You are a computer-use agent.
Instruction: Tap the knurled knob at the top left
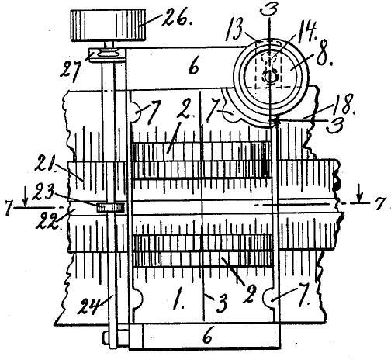pyautogui.click(x=108, y=25)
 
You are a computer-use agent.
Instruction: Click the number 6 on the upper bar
pyautogui.click(x=194, y=67)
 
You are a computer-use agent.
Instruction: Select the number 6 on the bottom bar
pyautogui.click(x=208, y=335)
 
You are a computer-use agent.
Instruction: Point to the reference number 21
pyautogui.click(x=46, y=163)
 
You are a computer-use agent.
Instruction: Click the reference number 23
pyautogui.click(x=43, y=192)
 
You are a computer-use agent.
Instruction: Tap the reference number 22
pyautogui.click(x=48, y=220)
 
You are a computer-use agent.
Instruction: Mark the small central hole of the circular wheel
pyautogui.click(x=269, y=77)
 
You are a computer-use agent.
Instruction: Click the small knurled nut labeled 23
pyautogui.click(x=111, y=208)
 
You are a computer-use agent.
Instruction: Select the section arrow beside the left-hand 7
pyautogui.click(x=26, y=199)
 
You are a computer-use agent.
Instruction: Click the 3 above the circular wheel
pyautogui.click(x=269, y=10)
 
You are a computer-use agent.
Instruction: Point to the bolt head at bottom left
pyautogui.click(x=106, y=337)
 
